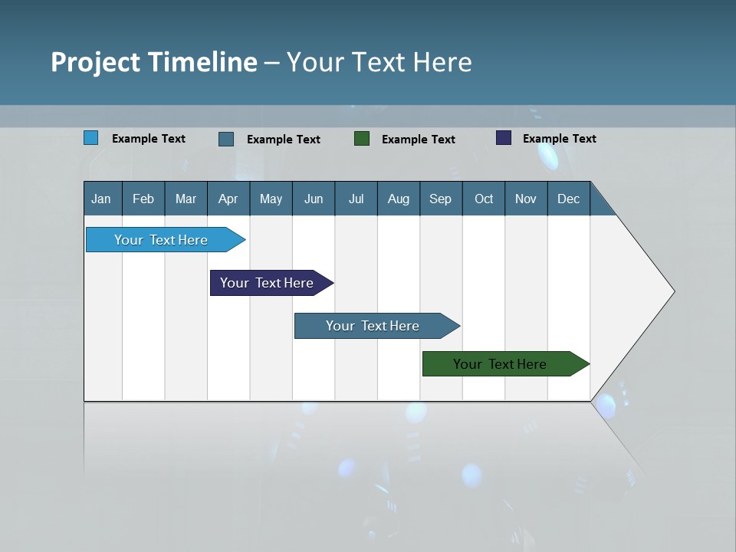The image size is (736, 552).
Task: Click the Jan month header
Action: pyautogui.click(x=101, y=199)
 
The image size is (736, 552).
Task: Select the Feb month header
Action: pyautogui.click(x=143, y=199)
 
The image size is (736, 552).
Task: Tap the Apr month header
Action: pyautogui.click(x=228, y=199)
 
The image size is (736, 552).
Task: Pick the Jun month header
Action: pyautogui.click(x=314, y=199)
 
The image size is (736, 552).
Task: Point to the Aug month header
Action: pyautogui.click(x=398, y=199)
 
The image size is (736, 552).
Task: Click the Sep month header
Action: pyautogui.click(x=440, y=199)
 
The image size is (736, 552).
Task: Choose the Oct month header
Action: pyautogui.click(x=484, y=199)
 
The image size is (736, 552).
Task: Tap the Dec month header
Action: pyautogui.click(x=568, y=199)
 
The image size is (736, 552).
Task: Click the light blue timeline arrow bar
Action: pyautogui.click(x=161, y=240)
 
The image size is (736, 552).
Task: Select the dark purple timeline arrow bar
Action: pyautogui.click(x=267, y=283)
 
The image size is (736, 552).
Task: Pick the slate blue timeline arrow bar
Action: pyautogui.click(x=373, y=326)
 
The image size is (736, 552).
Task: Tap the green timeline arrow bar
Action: pyautogui.click(x=500, y=364)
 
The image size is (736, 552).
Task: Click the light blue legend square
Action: pyautogui.click(x=91, y=138)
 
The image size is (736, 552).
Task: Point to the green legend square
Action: pyautogui.click(x=362, y=138)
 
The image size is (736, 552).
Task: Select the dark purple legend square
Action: pyautogui.click(x=504, y=138)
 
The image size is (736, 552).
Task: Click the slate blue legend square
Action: pyautogui.click(x=226, y=139)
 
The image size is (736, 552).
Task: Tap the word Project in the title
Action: pyautogui.click(x=94, y=62)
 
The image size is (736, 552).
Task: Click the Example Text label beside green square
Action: pyautogui.click(x=419, y=140)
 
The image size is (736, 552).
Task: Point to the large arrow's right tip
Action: pyautogui.click(x=672, y=291)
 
